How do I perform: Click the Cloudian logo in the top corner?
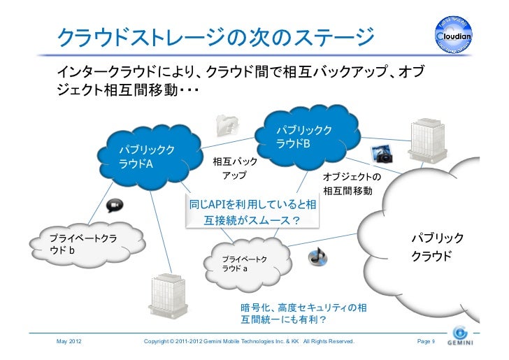pyautogui.click(x=457, y=33)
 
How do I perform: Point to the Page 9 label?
pyautogui.click(x=425, y=341)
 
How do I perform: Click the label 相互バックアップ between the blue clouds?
pyautogui.click(x=234, y=168)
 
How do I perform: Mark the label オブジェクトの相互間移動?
pyautogui.click(x=352, y=184)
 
